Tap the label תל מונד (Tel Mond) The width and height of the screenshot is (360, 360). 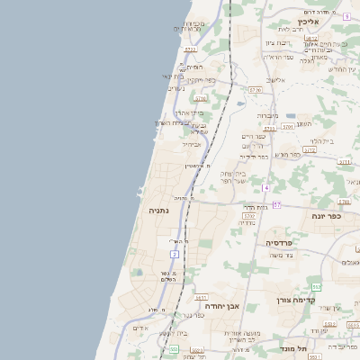point(293,348)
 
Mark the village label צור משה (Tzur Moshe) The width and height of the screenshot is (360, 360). point(281,255)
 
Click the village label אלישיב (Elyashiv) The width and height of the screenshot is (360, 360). point(274,80)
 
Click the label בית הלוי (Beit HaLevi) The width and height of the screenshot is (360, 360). point(322,141)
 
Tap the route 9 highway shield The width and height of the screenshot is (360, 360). point(346,16)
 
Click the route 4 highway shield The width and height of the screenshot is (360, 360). point(266,187)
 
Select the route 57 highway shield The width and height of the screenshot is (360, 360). point(277,205)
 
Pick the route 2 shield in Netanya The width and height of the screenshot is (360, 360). point(174,255)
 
